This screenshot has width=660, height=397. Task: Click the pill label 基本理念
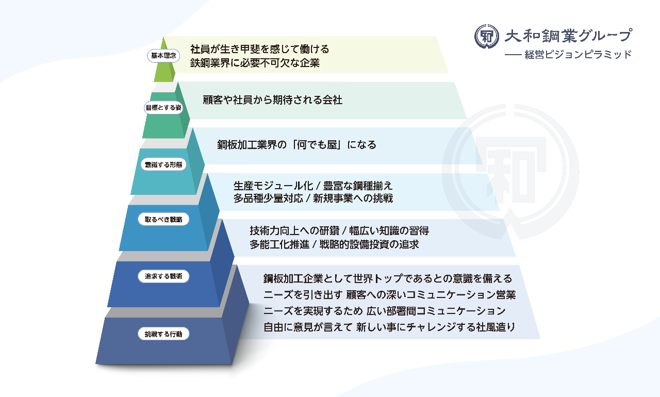[x=163, y=56]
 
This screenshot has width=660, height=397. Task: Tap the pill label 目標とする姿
[x=163, y=108]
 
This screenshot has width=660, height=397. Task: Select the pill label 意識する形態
[x=163, y=164]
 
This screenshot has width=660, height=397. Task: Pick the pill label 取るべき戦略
[x=163, y=220]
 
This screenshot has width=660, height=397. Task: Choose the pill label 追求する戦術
[x=163, y=276]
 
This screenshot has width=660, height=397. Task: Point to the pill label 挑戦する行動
[x=163, y=334]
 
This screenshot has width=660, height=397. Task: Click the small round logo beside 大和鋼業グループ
[x=486, y=37]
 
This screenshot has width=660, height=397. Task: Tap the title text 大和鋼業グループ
[x=568, y=36]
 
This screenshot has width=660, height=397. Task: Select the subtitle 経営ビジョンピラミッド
[x=578, y=55]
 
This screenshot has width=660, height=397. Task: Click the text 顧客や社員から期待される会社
[x=273, y=100]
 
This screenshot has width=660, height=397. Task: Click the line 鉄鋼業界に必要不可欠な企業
[x=255, y=63]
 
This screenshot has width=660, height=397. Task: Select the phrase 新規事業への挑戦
[x=353, y=198]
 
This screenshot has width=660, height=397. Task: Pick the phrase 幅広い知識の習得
[x=389, y=231]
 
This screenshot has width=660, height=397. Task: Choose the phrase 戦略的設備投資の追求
[x=369, y=244]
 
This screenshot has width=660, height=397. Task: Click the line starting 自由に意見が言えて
[x=389, y=327]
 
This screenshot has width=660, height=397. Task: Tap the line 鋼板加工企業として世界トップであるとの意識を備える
[x=388, y=278]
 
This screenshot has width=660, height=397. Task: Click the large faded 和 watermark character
[x=511, y=170]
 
